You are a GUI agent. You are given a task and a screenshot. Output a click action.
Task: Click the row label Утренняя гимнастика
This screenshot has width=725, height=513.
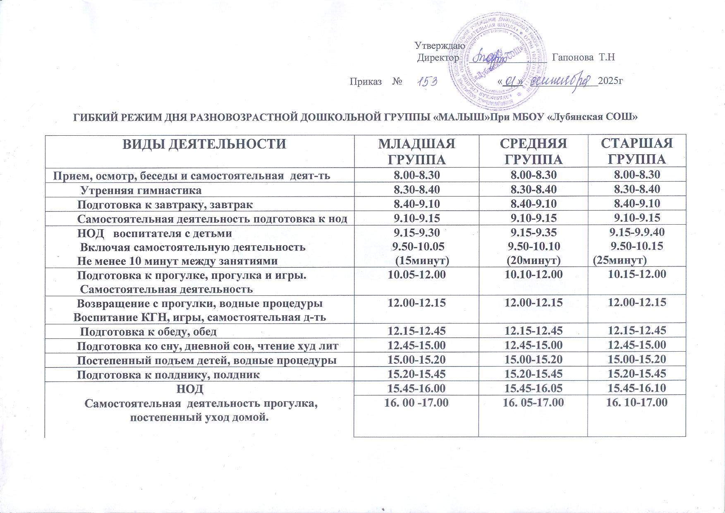[141, 190]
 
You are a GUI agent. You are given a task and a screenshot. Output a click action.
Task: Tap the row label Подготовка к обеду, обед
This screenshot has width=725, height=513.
[148, 331]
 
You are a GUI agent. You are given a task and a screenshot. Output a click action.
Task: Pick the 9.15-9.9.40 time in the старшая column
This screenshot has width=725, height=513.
[636, 233]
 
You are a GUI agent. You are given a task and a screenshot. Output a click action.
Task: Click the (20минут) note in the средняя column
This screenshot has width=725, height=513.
[533, 261]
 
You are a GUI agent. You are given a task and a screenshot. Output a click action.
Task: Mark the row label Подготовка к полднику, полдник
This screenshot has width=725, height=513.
[169, 375]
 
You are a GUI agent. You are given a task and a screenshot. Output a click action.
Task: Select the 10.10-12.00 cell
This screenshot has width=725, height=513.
[534, 274]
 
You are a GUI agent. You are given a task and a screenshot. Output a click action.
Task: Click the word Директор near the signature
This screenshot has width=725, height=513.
[438, 58]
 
